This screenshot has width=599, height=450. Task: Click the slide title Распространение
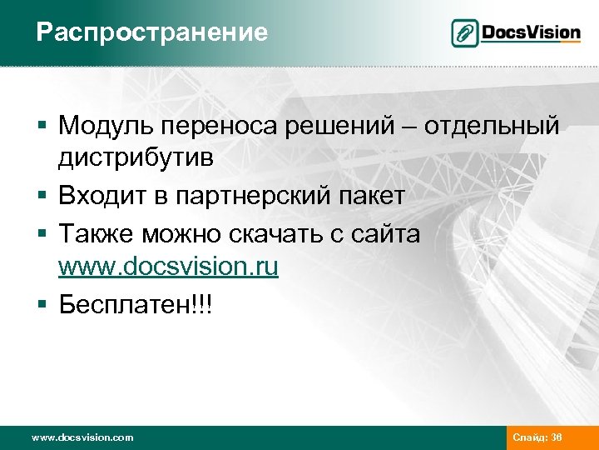point(152,32)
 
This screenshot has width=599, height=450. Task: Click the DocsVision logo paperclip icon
point(465,33)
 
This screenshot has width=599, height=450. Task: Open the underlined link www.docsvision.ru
point(168,268)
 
